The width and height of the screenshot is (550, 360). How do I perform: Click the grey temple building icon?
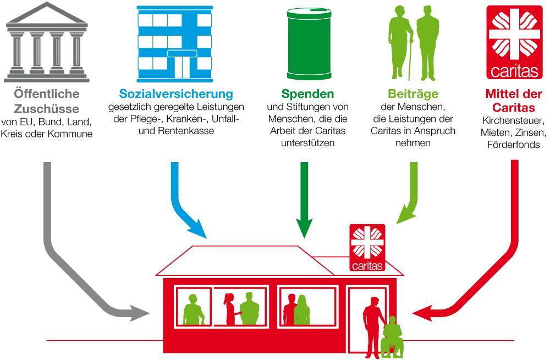(x=47, y=42)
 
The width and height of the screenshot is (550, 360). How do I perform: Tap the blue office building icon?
(x=175, y=44)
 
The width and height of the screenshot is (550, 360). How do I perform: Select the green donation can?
(x=309, y=44)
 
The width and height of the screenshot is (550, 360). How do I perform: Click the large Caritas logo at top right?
(x=514, y=42)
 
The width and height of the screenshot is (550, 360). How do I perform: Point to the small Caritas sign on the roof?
(x=367, y=247)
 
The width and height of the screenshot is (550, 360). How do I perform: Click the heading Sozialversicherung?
(x=176, y=94)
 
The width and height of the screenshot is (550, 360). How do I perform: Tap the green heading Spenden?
(x=307, y=94)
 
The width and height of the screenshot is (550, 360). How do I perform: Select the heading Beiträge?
(x=413, y=94)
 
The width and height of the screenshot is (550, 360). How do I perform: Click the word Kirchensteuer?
(x=514, y=120)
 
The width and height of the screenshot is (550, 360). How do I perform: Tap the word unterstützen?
(x=307, y=143)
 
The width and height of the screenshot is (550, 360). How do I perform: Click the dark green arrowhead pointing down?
(x=304, y=228)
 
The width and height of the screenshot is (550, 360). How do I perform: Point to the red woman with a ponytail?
(x=230, y=309)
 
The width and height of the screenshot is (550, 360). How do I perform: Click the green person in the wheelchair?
(x=392, y=336)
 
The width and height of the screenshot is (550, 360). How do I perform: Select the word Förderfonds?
(x=514, y=145)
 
